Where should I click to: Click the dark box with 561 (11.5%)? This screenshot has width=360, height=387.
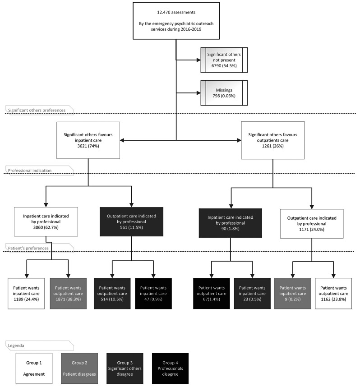tap(131, 222)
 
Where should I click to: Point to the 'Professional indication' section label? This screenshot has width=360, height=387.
tap(30, 170)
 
